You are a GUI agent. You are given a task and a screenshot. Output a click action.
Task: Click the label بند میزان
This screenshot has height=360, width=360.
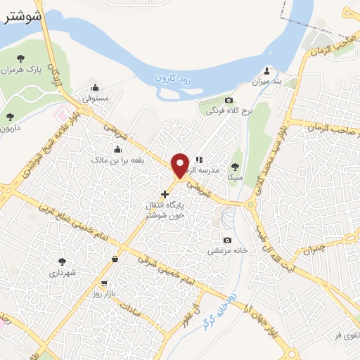[266, 82]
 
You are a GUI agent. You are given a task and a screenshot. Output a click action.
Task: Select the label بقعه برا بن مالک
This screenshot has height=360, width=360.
[117, 160]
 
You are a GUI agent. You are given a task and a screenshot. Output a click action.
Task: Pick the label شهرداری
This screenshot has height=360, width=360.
[62, 272]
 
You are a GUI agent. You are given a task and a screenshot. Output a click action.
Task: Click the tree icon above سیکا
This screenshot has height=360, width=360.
[236, 166]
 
